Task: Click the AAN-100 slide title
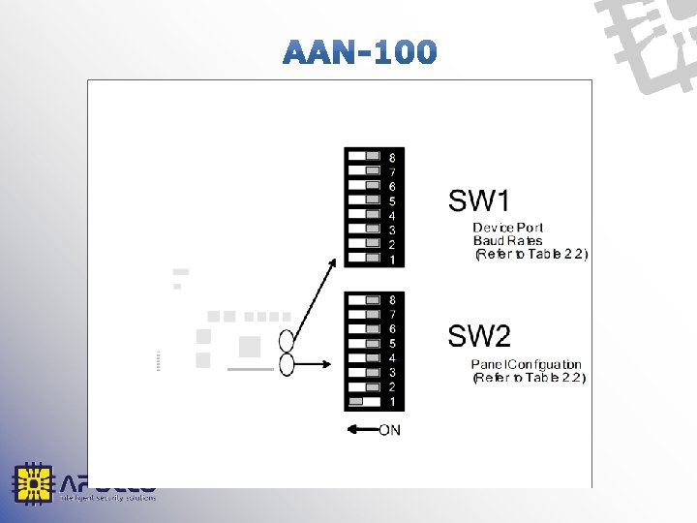coord(360,51)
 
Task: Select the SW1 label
coord(478,201)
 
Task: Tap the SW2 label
coord(478,337)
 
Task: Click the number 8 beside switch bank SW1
coord(391,157)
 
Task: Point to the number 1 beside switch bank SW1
coord(391,260)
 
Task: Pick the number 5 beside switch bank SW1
coord(391,201)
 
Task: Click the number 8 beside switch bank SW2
coord(391,300)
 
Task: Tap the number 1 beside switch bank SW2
coord(391,401)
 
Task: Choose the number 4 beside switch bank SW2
coord(391,357)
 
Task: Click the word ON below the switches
coord(389,429)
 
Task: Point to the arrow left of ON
coord(360,429)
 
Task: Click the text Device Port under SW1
coord(508,228)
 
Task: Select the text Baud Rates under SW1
coord(507,240)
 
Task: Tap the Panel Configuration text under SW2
coord(527,364)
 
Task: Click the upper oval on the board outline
coord(287,341)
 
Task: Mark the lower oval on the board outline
coord(287,364)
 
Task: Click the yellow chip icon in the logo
coord(32,483)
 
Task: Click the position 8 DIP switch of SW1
coord(373,156)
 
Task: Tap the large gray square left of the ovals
coord(250,347)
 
